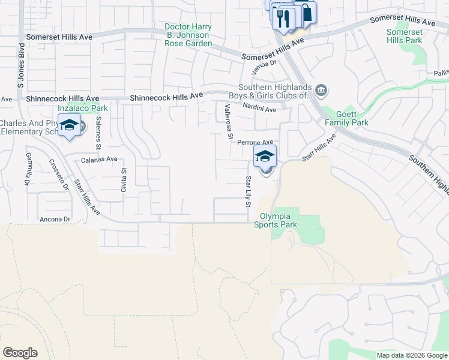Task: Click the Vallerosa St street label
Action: coord(228,122)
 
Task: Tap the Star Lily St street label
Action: coord(247,191)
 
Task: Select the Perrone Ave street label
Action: coord(255,143)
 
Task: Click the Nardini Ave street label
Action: coord(259,109)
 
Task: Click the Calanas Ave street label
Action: coord(99,159)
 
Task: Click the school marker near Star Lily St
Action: coord(265,157)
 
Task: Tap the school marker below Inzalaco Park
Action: coord(69,125)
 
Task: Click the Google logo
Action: coord(20,353)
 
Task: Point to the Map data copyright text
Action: coord(411,355)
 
